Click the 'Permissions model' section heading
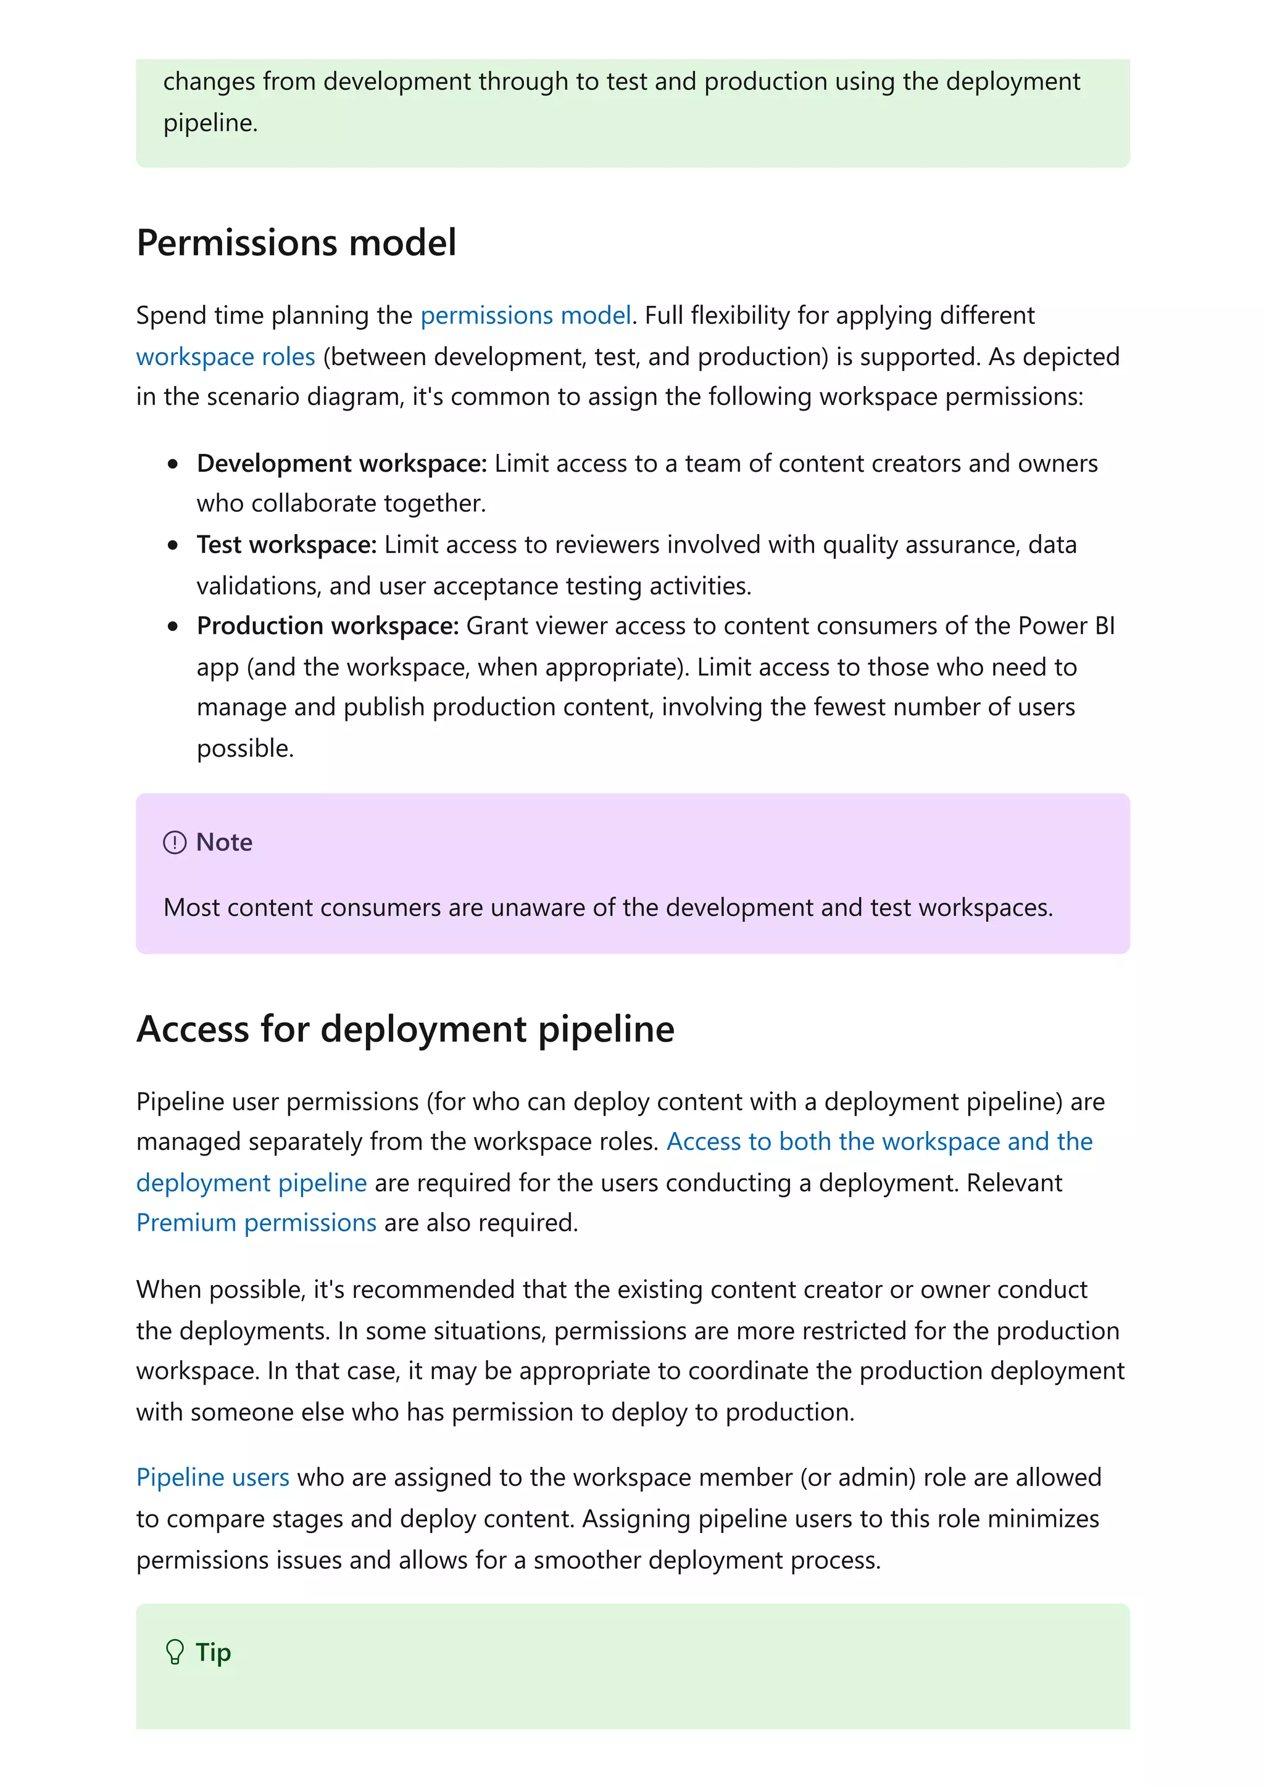click(296, 243)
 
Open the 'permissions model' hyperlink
click(526, 315)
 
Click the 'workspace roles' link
click(225, 356)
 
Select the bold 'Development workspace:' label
click(341, 463)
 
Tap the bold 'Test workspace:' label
click(286, 545)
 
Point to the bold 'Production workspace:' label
click(327, 626)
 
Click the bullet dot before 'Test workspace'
click(173, 546)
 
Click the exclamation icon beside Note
click(175, 842)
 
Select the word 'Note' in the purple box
click(224, 842)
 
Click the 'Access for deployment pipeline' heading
click(405, 1029)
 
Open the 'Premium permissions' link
click(256, 1223)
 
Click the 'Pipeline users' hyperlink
click(212, 1477)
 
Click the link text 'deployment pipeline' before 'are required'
click(251, 1183)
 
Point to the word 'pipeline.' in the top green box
click(210, 123)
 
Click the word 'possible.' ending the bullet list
click(245, 749)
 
